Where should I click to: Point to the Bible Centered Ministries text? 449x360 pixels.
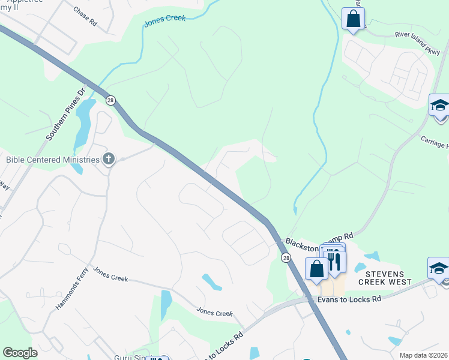[52, 160]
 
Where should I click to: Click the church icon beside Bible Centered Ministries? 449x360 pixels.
[109, 159]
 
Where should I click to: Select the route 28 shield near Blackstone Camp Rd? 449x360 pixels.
[285, 257]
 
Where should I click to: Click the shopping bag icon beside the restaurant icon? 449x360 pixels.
[316, 269]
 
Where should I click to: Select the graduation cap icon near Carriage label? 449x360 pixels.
[439, 106]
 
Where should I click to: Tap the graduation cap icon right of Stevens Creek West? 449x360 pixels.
[439, 268]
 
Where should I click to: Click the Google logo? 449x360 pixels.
[20, 353]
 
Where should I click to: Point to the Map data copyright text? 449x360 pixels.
[423, 355]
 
